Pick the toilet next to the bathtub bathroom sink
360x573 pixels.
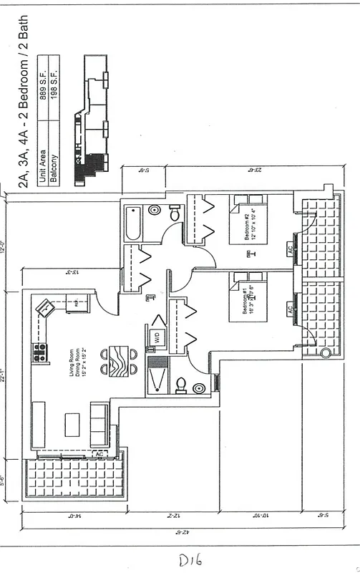click(175, 212)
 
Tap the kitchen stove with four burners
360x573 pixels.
click(39, 352)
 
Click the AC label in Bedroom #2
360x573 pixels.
click(290, 250)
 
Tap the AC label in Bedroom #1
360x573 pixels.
click(290, 309)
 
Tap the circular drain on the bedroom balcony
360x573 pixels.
click(325, 352)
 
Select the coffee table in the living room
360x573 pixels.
click(73, 424)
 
